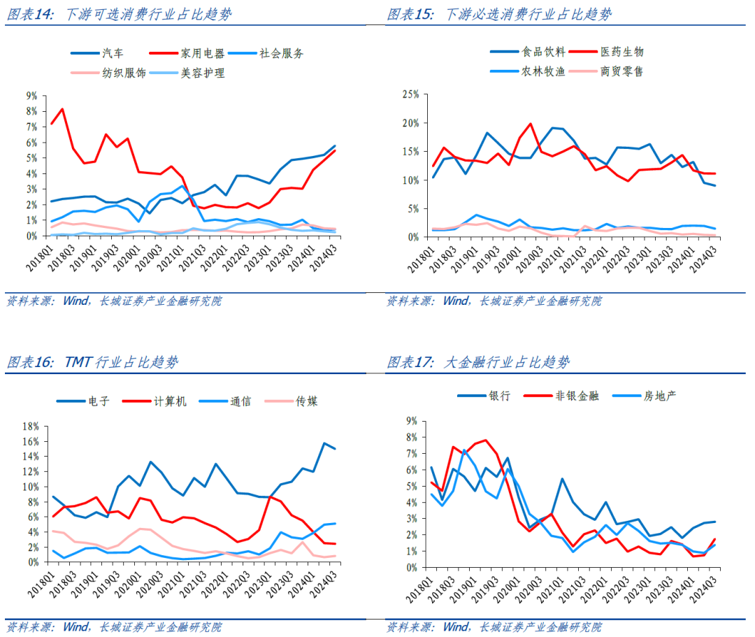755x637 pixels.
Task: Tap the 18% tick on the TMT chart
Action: [x=30, y=427]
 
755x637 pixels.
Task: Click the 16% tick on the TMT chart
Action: [x=30, y=442]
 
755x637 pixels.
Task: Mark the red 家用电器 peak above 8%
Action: [x=63, y=109]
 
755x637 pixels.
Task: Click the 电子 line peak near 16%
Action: [x=324, y=443]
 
